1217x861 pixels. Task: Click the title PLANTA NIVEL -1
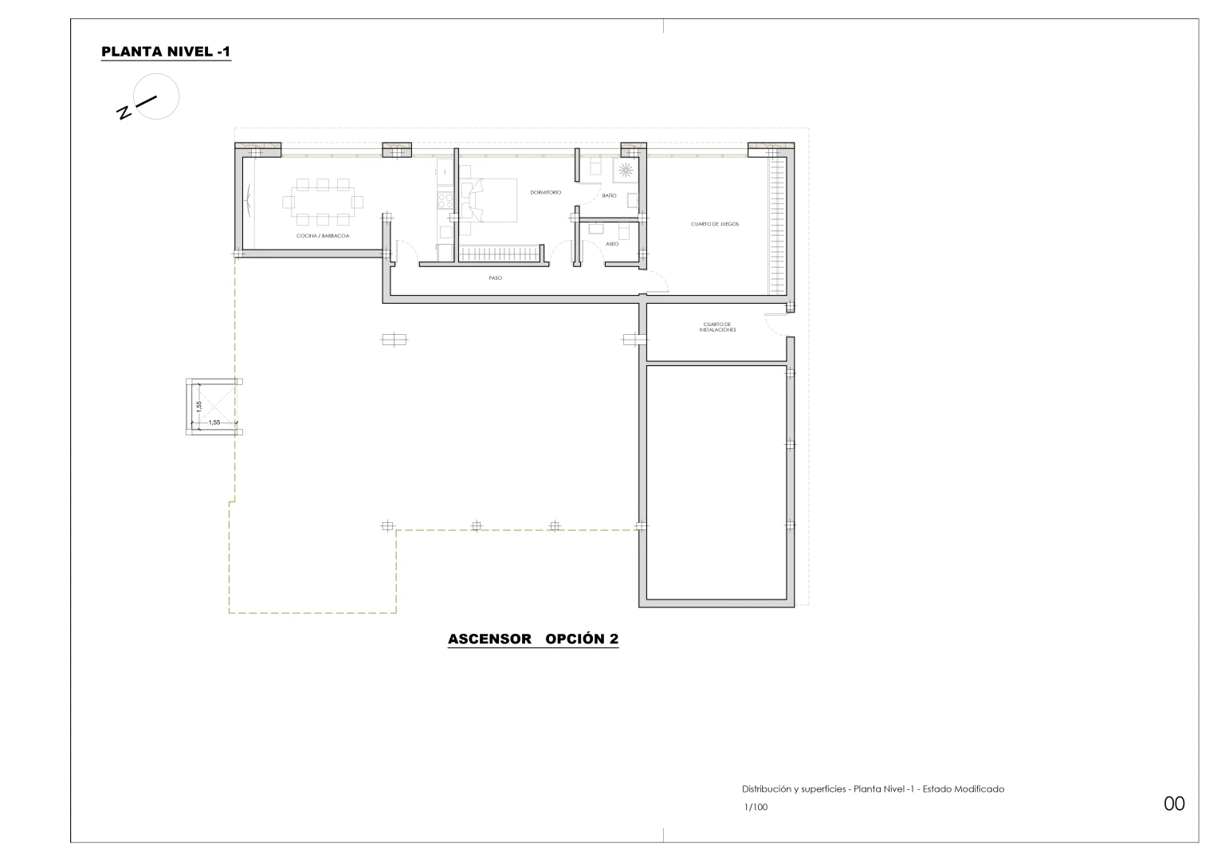pyautogui.click(x=166, y=53)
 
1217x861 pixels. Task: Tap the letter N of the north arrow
pyautogui.click(x=124, y=113)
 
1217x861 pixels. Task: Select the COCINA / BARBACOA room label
pyautogui.click(x=323, y=236)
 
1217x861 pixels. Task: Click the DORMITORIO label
pyautogui.click(x=546, y=192)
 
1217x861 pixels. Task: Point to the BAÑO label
pyautogui.click(x=609, y=195)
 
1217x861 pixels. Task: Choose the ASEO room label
pyautogui.click(x=612, y=244)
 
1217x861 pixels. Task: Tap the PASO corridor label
pyautogui.click(x=495, y=278)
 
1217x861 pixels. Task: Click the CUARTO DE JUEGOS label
pyautogui.click(x=714, y=224)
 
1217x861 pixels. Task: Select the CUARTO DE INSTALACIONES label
pyautogui.click(x=718, y=327)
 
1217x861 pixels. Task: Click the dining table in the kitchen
pyautogui.click(x=323, y=201)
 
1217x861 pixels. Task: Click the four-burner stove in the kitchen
pyautogui.click(x=442, y=199)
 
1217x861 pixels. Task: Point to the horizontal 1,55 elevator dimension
pyautogui.click(x=214, y=423)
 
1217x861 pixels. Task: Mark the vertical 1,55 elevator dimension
pyautogui.click(x=199, y=407)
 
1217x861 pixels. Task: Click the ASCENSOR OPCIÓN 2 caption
pyautogui.click(x=532, y=639)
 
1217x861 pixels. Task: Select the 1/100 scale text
pyautogui.click(x=756, y=807)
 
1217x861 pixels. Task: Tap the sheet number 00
pyautogui.click(x=1174, y=804)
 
